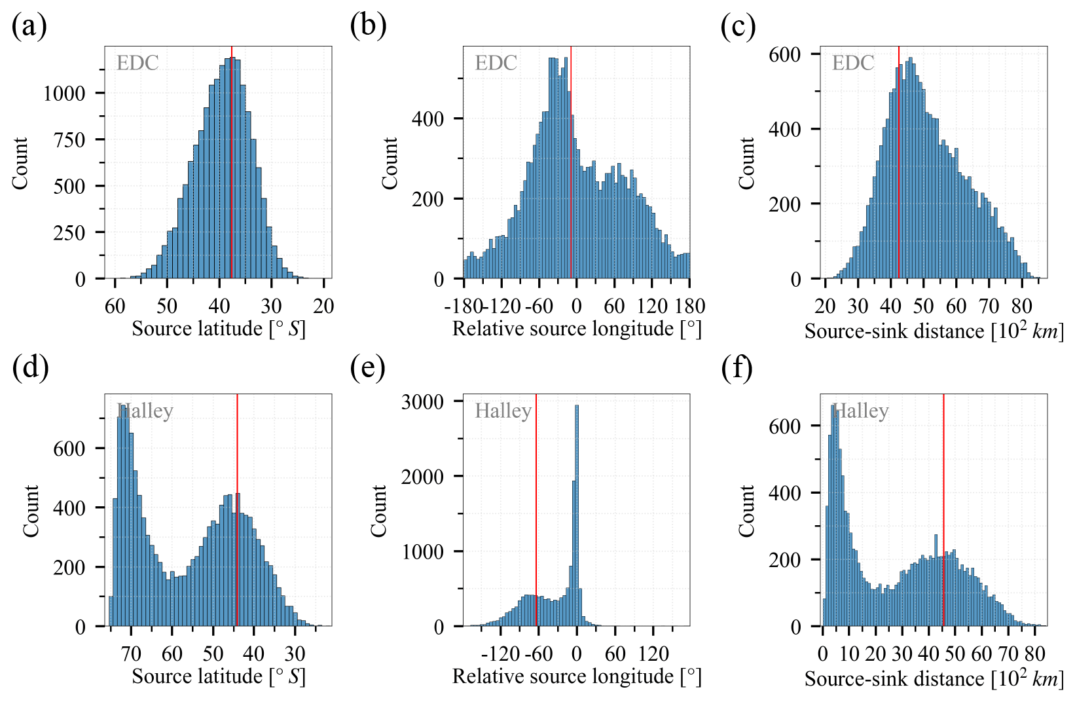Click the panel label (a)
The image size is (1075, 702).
(x=29, y=27)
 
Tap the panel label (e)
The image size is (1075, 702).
(x=367, y=368)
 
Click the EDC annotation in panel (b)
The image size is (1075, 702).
(x=496, y=63)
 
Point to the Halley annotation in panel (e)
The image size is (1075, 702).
(x=503, y=411)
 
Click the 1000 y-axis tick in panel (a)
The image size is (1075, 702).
(x=64, y=93)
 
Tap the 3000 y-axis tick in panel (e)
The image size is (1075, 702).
(x=422, y=401)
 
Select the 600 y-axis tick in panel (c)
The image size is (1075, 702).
(x=784, y=54)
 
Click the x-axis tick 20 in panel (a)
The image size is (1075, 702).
(x=323, y=306)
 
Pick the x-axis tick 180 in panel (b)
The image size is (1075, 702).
(x=690, y=306)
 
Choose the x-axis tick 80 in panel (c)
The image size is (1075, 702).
(x=1021, y=306)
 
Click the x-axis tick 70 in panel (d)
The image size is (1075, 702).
(x=131, y=654)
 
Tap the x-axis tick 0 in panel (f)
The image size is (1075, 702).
(x=823, y=654)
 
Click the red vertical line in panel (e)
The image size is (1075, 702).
(x=536, y=511)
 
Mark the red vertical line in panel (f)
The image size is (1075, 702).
(x=943, y=511)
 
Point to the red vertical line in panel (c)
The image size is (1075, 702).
(x=899, y=164)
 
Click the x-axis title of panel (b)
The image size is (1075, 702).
(x=576, y=328)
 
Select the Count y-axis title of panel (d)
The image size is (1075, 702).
(x=31, y=511)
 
